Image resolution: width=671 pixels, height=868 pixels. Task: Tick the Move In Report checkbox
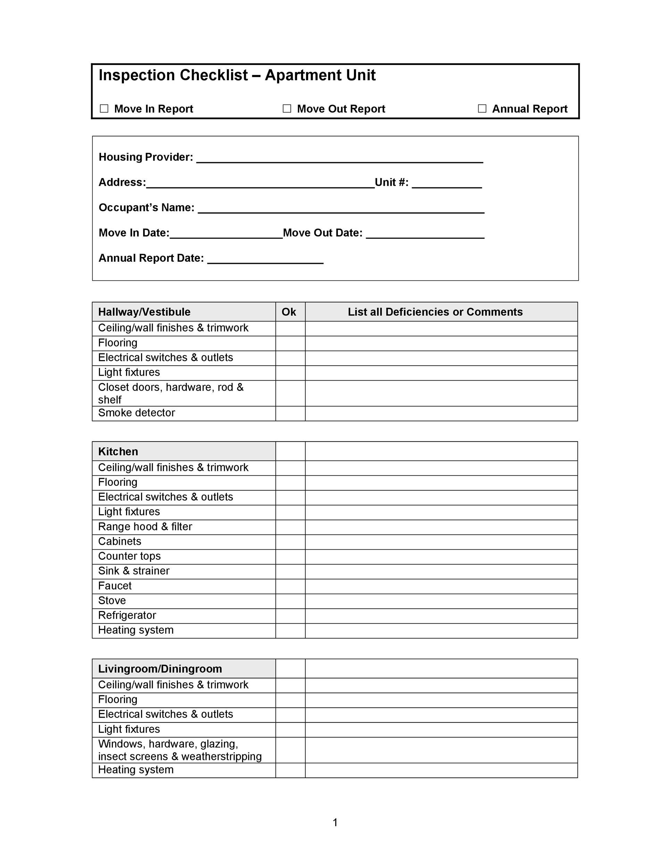[x=104, y=108]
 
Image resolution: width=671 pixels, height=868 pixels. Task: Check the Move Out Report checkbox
[x=287, y=108]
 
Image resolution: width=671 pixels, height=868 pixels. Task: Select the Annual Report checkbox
[x=482, y=108]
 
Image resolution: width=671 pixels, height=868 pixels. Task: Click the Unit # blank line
[x=447, y=183]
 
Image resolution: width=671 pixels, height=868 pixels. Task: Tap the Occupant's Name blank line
[x=341, y=209]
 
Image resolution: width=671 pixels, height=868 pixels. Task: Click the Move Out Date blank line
[x=425, y=234]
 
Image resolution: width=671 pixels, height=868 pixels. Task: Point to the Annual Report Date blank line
[x=265, y=259]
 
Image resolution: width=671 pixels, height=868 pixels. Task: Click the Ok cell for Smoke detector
[x=290, y=413]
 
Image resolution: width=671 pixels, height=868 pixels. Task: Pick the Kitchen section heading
[x=118, y=451]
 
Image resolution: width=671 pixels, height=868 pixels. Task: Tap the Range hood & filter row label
[x=145, y=527]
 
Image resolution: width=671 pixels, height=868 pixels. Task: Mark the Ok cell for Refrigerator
[x=290, y=616]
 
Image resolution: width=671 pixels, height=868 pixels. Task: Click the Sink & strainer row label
[x=134, y=571]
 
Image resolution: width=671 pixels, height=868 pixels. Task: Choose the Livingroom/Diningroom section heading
[x=160, y=669]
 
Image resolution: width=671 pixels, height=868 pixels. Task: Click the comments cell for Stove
[x=441, y=601]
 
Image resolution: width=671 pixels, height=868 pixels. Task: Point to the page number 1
[x=335, y=822]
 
